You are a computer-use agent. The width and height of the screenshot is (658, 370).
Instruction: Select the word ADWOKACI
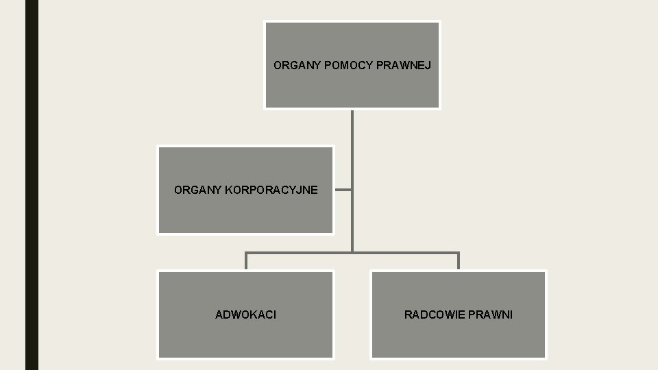click(245, 314)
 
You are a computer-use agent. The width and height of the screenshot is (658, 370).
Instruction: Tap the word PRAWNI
click(491, 314)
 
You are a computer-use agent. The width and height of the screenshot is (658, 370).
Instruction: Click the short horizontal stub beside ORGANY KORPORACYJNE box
click(343, 190)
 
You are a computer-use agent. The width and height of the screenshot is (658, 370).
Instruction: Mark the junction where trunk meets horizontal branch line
click(352, 252)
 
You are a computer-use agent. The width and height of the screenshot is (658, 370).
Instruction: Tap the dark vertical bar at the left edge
click(32, 185)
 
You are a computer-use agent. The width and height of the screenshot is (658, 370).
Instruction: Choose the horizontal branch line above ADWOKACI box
click(298, 252)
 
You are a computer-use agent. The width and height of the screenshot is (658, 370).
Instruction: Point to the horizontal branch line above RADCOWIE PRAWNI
click(406, 252)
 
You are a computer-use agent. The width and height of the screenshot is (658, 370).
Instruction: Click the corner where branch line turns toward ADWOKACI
click(246, 252)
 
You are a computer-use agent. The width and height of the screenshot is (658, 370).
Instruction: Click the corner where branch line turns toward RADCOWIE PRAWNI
click(459, 252)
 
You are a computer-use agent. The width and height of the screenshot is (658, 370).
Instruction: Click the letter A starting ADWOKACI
click(219, 314)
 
